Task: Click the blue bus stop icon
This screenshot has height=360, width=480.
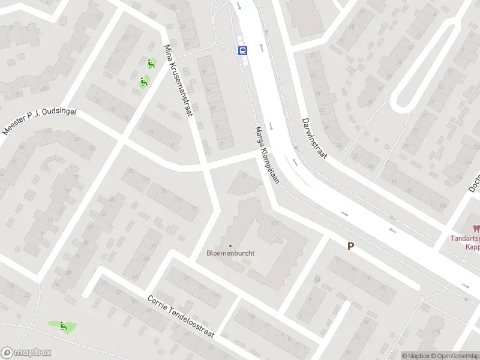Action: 243,50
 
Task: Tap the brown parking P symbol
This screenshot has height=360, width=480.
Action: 350,246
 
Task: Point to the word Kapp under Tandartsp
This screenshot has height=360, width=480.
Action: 472,246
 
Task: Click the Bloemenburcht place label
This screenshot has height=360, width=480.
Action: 230,253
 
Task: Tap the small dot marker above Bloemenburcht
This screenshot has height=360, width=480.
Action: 230,245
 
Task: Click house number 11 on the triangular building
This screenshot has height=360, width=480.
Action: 244,176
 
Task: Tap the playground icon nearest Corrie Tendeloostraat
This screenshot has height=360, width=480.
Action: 63,326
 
